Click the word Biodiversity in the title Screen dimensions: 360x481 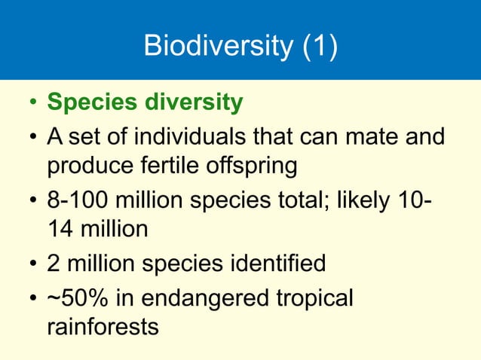pos(216,46)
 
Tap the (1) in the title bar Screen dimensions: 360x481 pos(318,46)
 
